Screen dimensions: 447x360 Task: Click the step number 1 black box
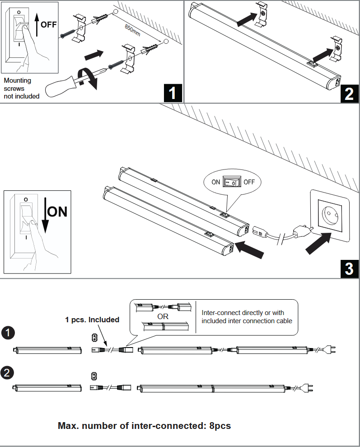tap(172, 93)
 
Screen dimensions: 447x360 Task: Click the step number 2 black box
tap(349, 93)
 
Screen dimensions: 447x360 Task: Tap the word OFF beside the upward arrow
tap(49, 24)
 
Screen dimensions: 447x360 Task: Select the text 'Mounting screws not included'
tap(21, 88)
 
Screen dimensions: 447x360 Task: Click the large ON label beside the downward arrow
tap(57, 211)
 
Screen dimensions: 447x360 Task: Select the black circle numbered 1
tap(8, 333)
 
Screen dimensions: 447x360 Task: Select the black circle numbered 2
tap(8, 373)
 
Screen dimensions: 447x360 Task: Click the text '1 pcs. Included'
tap(92, 320)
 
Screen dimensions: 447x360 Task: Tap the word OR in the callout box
tap(163, 316)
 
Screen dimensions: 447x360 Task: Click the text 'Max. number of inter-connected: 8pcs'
tap(144, 425)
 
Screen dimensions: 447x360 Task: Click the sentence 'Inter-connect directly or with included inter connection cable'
tap(247, 317)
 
